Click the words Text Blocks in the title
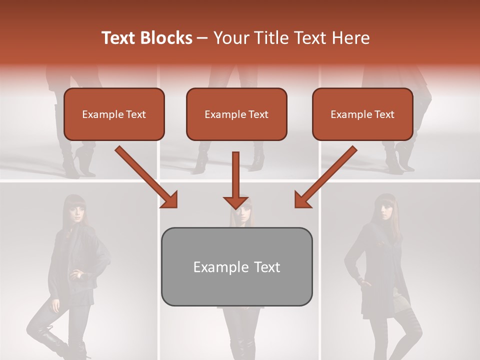[146, 38]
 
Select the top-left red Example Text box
[114, 114]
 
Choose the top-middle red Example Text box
[236, 114]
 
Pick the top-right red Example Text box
[362, 114]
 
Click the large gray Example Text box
[236, 266]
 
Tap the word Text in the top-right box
[383, 114]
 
